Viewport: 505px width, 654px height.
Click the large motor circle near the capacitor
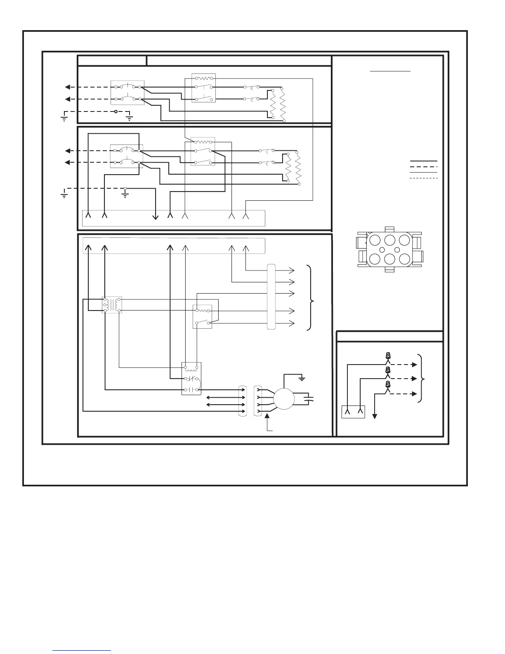(x=284, y=399)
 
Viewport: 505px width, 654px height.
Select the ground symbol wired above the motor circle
(x=302, y=378)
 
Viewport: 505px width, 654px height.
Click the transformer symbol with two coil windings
(x=112, y=305)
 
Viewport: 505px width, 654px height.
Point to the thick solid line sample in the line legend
(x=423, y=161)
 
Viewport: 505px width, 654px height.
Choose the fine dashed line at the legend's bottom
(x=423, y=178)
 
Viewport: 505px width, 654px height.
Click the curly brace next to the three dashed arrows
(x=421, y=378)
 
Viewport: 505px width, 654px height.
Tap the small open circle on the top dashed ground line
(x=116, y=111)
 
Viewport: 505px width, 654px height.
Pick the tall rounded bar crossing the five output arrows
(x=271, y=296)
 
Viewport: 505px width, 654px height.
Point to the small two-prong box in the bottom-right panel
(x=354, y=412)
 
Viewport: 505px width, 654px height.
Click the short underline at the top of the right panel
(x=390, y=71)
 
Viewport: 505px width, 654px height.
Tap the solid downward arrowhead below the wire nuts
(x=375, y=416)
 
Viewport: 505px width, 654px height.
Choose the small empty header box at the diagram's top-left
(x=112, y=60)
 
